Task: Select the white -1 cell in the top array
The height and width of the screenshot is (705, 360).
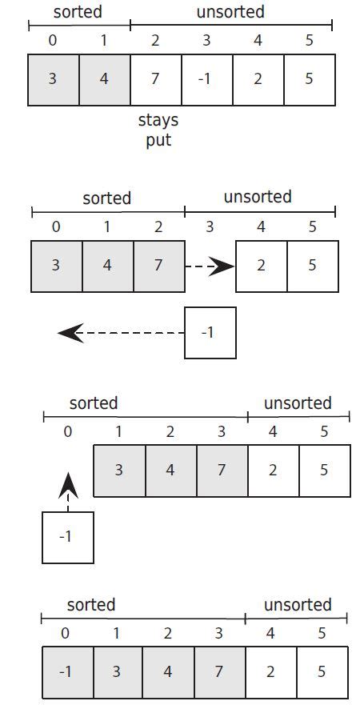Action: (x=206, y=79)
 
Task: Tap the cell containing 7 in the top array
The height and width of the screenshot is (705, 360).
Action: (x=155, y=79)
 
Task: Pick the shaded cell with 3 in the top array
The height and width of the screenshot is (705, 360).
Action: (x=53, y=79)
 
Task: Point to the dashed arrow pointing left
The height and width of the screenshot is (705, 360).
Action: (x=120, y=332)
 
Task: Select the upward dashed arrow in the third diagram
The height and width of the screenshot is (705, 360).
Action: (x=68, y=491)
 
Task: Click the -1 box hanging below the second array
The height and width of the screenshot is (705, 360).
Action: (x=210, y=332)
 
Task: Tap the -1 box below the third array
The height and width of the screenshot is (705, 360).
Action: (x=68, y=537)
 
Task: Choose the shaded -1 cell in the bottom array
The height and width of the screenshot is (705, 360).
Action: (x=66, y=672)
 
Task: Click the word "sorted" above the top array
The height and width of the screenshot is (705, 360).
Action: (x=78, y=13)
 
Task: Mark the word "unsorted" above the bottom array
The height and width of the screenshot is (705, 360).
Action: (x=296, y=605)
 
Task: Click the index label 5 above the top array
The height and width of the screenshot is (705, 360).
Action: (x=309, y=41)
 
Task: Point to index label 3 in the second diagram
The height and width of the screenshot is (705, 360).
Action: (x=210, y=226)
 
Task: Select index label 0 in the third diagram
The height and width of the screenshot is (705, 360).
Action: (x=68, y=431)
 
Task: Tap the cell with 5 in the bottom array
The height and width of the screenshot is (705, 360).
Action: (x=322, y=672)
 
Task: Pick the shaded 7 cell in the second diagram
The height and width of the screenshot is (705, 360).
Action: (x=158, y=266)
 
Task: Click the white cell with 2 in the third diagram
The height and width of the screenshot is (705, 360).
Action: (x=273, y=471)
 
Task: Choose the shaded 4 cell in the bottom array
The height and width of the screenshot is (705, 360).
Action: (x=168, y=672)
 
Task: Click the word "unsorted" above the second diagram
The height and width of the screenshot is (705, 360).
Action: (x=258, y=197)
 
